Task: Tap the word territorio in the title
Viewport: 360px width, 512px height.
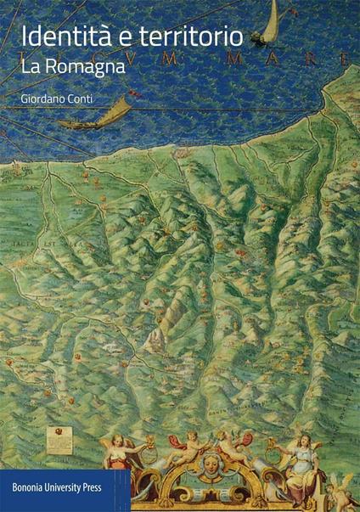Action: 182,37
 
